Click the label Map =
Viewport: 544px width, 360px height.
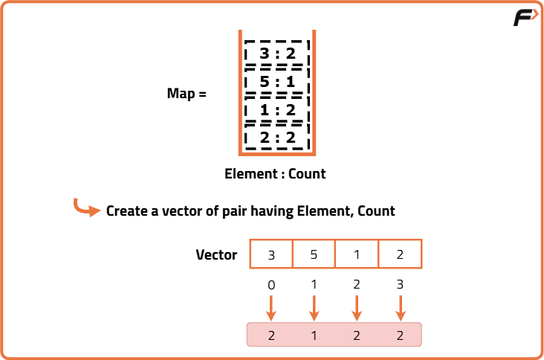coord(187,94)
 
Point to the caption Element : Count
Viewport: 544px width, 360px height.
coord(275,174)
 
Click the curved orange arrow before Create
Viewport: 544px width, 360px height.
coord(86,209)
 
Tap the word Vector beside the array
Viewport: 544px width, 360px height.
coord(216,255)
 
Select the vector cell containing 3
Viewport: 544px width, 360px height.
coord(271,254)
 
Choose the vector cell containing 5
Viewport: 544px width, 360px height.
coord(314,254)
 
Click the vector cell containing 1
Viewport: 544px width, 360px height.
coord(357,254)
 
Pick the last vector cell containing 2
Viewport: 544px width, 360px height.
coord(400,254)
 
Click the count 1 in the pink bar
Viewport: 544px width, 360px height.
coord(314,335)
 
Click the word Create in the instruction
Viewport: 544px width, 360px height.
coord(127,211)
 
